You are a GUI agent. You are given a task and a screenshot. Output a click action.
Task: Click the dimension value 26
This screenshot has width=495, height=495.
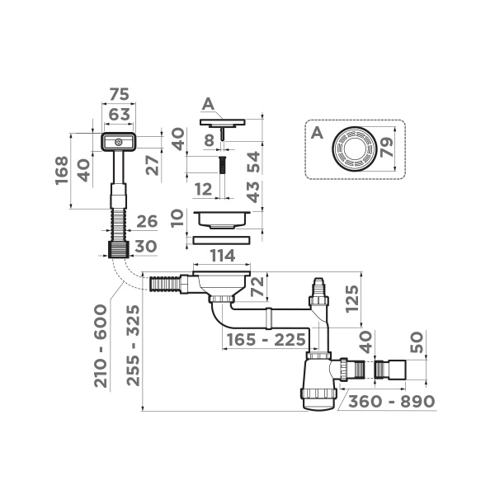(147, 220)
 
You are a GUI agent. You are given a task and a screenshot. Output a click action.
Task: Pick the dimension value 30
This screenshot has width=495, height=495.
(147, 246)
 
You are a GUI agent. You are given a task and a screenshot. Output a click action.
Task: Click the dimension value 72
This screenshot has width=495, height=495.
(257, 288)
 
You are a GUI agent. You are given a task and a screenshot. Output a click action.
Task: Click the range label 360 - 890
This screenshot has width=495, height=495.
(390, 402)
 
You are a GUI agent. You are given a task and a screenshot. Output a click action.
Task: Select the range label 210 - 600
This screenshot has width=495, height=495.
(101, 346)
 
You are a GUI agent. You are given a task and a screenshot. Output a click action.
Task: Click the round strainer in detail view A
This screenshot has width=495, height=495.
(355, 149)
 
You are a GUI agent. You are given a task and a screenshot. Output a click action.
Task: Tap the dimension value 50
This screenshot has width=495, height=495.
(417, 342)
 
